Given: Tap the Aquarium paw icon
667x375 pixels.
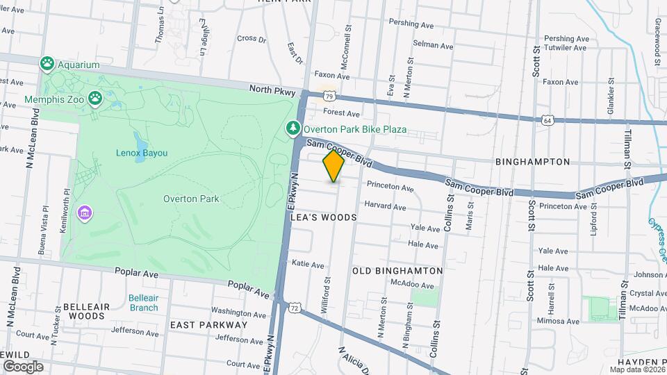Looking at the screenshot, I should (47, 65).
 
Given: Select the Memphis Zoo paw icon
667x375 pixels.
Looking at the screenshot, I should (95, 99).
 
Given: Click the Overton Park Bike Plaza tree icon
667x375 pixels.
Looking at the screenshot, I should (294, 129).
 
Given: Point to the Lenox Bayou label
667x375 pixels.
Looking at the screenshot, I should (141, 152).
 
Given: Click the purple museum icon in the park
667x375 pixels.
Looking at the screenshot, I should (85, 211).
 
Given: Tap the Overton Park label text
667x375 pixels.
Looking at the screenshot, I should (191, 199).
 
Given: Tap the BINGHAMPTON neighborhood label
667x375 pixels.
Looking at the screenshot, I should (532, 162).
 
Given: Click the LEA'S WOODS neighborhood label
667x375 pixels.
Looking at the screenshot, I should (324, 217).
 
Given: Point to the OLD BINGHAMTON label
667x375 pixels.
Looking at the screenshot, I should (397, 270).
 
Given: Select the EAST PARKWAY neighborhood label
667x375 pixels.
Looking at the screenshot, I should (208, 324).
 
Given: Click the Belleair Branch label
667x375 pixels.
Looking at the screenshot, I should (143, 303).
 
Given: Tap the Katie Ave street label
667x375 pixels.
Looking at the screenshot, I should (308, 265).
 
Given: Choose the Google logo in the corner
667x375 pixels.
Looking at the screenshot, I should (23, 366).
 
